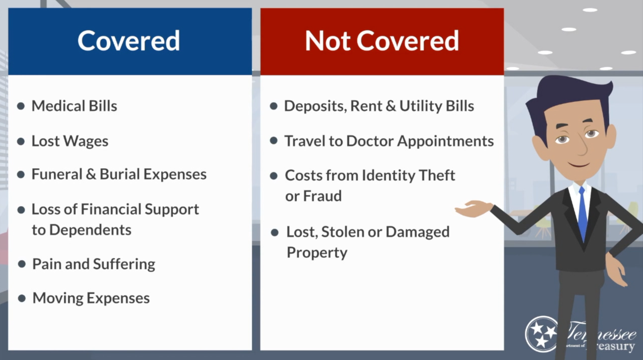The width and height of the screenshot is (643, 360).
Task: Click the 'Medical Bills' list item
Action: coord(74,106)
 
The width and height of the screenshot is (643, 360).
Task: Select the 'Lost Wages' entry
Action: coord(70,141)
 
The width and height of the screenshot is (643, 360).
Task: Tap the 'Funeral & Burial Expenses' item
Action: coord(119,174)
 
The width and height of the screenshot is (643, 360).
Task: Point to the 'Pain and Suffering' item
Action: coord(94,264)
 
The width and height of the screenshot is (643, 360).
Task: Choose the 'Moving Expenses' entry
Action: coord(91,298)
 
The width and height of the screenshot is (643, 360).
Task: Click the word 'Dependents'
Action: coord(90,230)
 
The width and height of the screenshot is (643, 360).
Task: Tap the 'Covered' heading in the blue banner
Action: coord(129,41)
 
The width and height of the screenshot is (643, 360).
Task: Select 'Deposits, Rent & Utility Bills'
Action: coord(379,106)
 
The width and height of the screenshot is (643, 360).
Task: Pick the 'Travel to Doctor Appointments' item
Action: coord(389,141)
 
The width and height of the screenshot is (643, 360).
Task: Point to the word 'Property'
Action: coord(317,252)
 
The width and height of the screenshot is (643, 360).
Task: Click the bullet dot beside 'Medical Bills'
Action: coord(21,106)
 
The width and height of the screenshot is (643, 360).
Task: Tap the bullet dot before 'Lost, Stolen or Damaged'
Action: coord(274,232)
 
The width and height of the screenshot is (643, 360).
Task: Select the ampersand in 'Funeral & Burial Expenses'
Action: coord(91,174)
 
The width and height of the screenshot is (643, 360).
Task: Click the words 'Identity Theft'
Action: coord(408,175)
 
